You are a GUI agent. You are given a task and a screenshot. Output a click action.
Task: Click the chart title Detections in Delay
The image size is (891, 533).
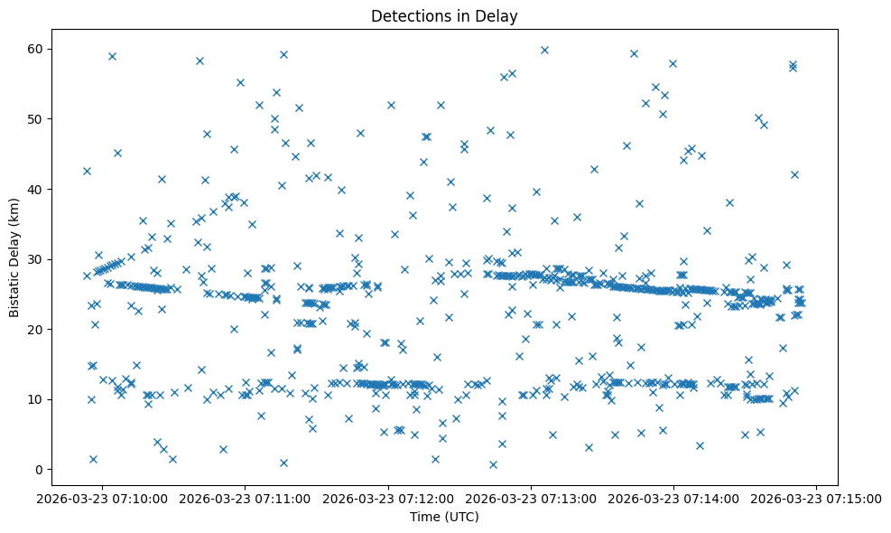pos(445,15)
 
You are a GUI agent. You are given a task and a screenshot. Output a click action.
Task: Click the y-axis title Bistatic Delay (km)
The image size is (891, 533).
pos(15,257)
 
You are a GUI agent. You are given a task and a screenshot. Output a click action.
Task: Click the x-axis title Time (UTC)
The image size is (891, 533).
pos(445,518)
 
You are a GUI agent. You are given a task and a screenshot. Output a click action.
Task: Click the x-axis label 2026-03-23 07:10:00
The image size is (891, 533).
pos(101,498)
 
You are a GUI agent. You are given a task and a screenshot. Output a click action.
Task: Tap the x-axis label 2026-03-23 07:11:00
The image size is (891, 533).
pos(245,498)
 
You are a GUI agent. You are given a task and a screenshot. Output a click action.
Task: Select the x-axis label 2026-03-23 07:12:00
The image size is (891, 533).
pos(388,498)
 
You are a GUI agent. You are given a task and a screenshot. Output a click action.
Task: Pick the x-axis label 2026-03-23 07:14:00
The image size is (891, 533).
pos(674,498)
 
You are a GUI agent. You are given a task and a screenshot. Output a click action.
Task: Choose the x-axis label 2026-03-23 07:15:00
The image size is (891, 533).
pos(818,498)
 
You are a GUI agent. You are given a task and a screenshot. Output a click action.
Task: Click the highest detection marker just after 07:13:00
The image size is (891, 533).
pos(544,50)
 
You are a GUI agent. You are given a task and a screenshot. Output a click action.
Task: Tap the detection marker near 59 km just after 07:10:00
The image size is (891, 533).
pos(112,56)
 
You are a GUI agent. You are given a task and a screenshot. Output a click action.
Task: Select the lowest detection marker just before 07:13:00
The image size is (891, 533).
pos(493,464)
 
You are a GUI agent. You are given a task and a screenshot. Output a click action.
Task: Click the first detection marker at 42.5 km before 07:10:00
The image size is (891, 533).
pos(87,171)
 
